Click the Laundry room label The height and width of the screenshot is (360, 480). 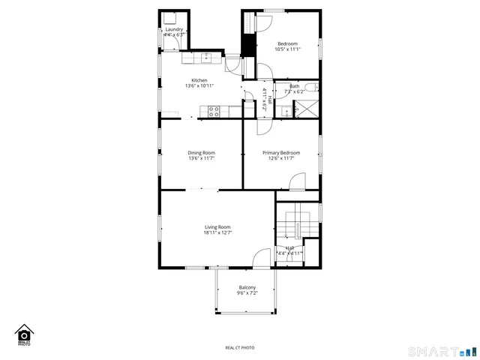(174, 30)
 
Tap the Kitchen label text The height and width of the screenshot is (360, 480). (199, 80)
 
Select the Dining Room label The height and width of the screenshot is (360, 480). (201, 152)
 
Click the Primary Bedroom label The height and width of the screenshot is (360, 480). (281, 152)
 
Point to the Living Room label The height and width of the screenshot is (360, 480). (217, 227)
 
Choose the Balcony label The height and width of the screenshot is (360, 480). (247, 288)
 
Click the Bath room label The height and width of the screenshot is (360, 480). (295, 86)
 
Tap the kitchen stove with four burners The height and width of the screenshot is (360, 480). (214, 112)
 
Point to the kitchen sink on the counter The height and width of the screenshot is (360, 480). (205, 57)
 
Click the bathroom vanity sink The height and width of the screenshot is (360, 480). (286, 112)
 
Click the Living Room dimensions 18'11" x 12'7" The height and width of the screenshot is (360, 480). (217, 233)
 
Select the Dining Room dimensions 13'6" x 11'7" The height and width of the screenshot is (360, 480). (201, 158)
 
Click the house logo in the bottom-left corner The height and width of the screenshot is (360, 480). (24, 334)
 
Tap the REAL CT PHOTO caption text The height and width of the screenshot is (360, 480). (240, 347)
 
